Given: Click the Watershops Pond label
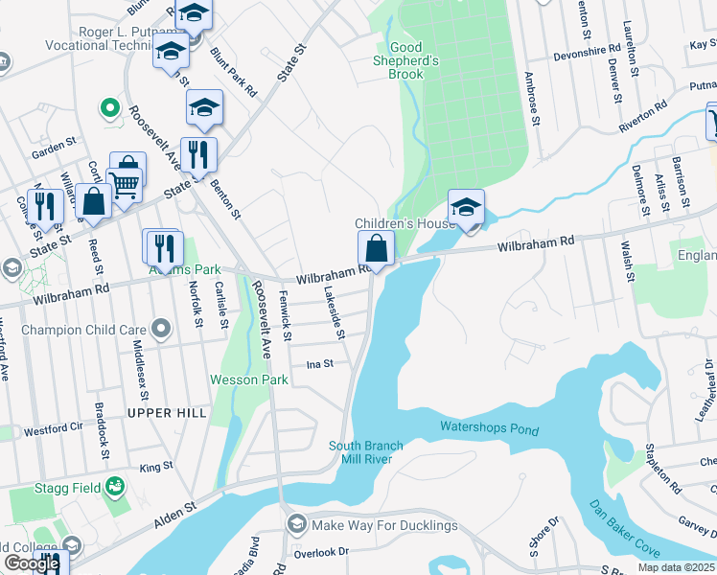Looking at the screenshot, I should tap(489, 428).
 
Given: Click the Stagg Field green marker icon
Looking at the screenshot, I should tap(115, 487).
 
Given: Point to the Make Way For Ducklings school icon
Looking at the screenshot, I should tap(296, 525).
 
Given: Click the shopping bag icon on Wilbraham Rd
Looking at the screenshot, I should tap(377, 249).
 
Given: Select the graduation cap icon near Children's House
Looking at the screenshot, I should tap(466, 207).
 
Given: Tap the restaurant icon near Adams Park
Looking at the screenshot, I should tap(163, 248).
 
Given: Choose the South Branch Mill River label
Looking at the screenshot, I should tap(366, 452).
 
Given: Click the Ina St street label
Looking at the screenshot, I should tap(319, 364).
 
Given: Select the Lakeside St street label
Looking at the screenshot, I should tap(333, 313).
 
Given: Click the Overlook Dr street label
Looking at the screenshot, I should tap(322, 552).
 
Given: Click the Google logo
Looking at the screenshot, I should tap(32, 563).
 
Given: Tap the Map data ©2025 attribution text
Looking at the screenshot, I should tap(676, 567).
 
